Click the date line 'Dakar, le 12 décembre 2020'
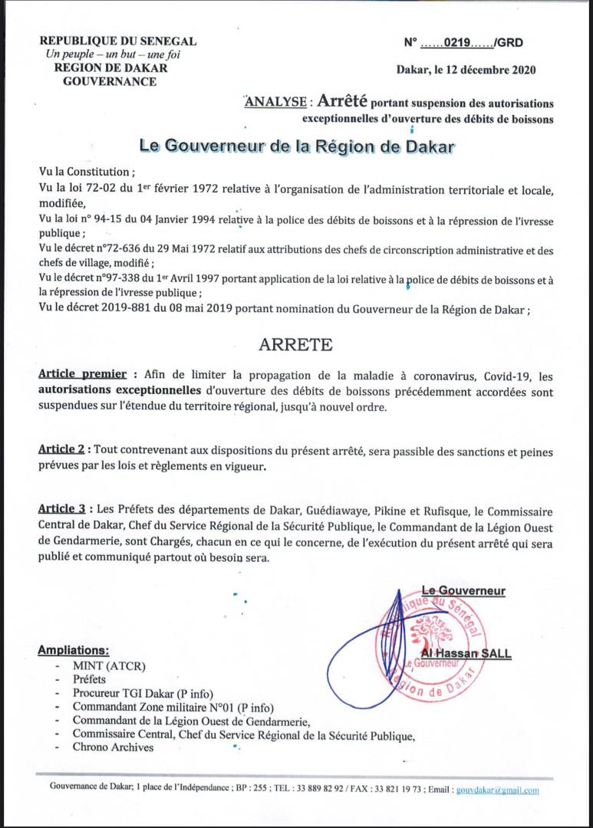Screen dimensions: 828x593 coord(466,71)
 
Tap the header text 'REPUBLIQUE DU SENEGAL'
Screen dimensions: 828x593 coord(117,42)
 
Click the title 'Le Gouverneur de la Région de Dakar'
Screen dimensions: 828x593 coord(297,145)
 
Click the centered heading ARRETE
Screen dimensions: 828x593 coord(295,343)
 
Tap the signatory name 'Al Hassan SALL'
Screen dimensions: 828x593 coord(466,653)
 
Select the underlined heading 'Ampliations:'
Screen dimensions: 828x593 coord(73,650)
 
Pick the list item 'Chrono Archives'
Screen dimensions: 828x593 coord(114,747)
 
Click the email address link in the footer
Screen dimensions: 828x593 coord(497,790)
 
